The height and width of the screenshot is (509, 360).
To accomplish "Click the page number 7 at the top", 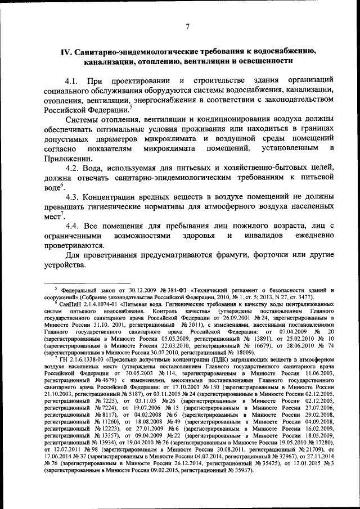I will pyautogui.click(x=188, y=25).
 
